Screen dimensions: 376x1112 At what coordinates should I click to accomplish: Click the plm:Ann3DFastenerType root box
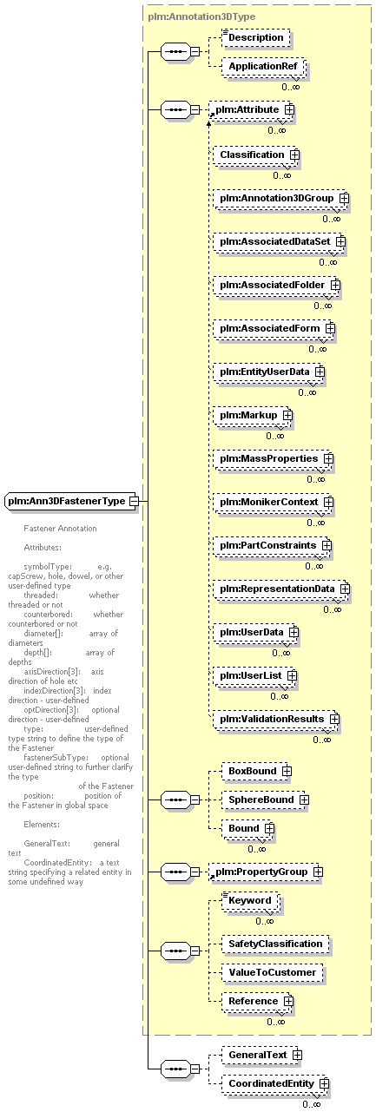(x=70, y=501)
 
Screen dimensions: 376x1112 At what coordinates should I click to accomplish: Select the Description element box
(x=255, y=37)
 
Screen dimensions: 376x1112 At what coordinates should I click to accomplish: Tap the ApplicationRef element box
(x=263, y=67)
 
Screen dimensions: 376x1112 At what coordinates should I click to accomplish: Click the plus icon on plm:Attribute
(x=289, y=109)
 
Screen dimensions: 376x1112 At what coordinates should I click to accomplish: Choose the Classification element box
(x=256, y=155)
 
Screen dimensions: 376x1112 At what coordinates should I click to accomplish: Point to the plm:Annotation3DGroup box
(x=281, y=199)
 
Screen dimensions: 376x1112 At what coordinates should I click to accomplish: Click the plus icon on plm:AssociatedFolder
(x=336, y=286)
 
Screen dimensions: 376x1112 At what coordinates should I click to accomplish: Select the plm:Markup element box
(x=253, y=416)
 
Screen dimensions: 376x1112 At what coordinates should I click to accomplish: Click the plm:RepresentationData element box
(x=281, y=589)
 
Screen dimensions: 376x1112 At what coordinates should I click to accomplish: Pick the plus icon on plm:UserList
(x=292, y=676)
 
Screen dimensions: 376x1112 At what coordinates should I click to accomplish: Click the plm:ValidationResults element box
(x=276, y=720)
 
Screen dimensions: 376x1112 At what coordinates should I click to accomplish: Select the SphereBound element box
(x=265, y=800)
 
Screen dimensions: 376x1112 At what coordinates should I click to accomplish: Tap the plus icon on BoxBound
(x=287, y=772)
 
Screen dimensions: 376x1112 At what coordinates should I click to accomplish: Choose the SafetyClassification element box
(x=275, y=944)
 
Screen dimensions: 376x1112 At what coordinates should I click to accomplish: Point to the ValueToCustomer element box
(x=272, y=973)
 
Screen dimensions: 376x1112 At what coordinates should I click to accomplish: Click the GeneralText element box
(x=261, y=1056)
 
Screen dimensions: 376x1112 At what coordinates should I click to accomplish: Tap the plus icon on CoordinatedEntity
(x=325, y=1084)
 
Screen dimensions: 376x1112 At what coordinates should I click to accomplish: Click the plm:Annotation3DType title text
(x=201, y=16)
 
